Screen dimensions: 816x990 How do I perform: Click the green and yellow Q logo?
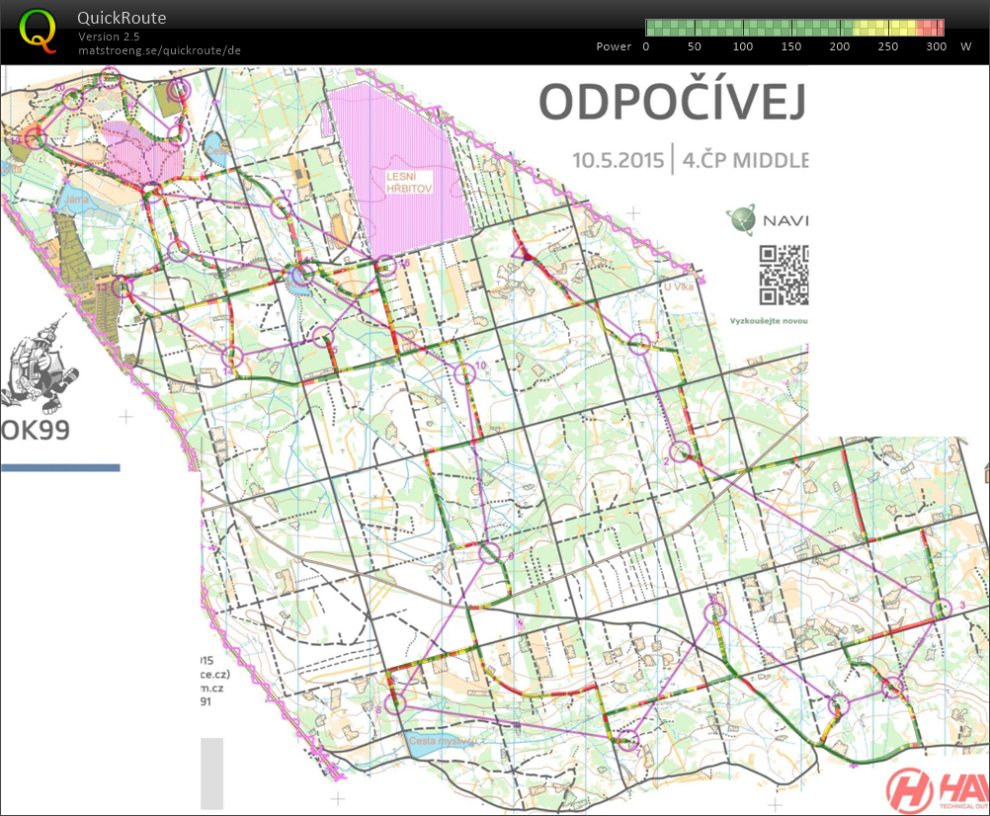pos(39,29)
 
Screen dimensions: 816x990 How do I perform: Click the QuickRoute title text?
pos(123,18)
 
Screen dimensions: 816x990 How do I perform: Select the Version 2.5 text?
pos(109,37)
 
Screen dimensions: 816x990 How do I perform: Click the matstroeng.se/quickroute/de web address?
pos(159,49)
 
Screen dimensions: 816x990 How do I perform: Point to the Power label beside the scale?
pos(614,46)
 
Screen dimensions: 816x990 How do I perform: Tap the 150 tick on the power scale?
pos(790,46)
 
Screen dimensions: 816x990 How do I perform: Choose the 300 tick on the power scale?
pos(937,46)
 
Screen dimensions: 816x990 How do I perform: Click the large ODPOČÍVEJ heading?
pos(672,102)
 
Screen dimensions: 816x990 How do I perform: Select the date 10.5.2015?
pos(618,159)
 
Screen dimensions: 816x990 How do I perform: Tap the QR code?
pos(784,275)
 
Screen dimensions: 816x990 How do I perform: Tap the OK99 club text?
pos(36,432)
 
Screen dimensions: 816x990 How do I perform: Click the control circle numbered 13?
pos(122,287)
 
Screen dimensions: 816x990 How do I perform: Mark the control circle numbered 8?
pos(395,703)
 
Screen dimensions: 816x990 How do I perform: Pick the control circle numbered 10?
pos(464,374)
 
